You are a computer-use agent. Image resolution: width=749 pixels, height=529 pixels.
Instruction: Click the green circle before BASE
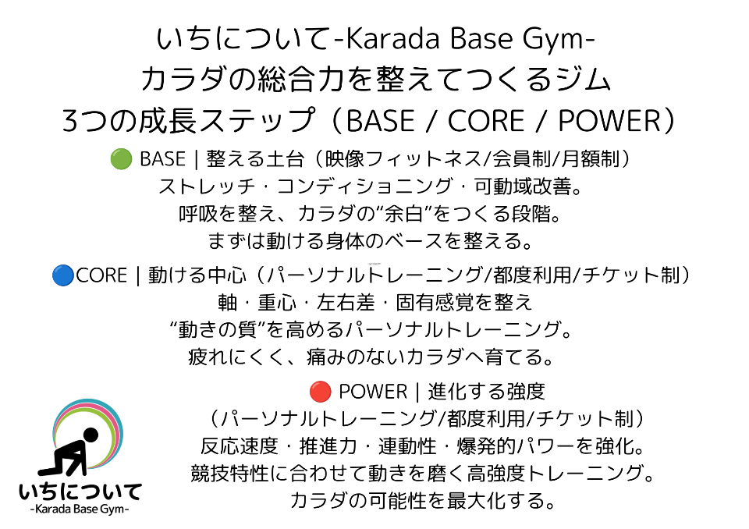click(121, 159)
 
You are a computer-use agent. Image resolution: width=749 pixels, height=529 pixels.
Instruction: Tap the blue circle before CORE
click(63, 275)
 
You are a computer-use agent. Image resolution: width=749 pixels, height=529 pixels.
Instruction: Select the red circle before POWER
click(320, 392)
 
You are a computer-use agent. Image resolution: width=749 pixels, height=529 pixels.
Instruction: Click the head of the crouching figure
click(91, 435)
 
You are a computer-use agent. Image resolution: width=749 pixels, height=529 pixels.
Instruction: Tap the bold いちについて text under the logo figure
click(80, 492)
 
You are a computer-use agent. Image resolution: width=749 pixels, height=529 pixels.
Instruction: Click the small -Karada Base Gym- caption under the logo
click(80, 509)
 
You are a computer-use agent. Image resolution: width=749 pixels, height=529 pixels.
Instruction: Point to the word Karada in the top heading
click(392, 38)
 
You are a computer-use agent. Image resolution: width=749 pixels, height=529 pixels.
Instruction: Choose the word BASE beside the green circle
click(162, 159)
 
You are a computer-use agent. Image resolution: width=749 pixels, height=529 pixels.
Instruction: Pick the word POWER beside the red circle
click(373, 392)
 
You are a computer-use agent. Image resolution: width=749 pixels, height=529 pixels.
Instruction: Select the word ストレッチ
click(208, 186)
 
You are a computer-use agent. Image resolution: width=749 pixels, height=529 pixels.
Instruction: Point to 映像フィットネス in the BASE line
click(403, 159)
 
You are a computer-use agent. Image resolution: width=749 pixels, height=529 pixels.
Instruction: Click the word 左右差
click(346, 303)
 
